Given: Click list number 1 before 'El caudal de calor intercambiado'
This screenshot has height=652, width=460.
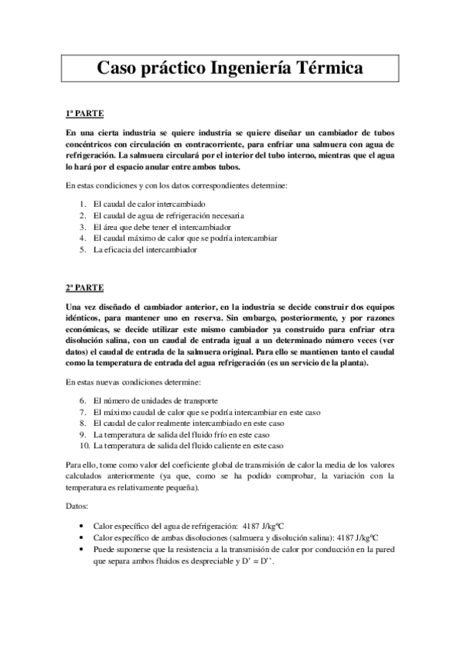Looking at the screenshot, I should click(x=83, y=205).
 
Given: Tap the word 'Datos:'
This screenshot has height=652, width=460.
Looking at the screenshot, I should click(x=77, y=507).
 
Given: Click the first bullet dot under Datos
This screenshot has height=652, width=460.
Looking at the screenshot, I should click(x=82, y=527).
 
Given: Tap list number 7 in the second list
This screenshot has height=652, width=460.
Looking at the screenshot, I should click(x=83, y=412).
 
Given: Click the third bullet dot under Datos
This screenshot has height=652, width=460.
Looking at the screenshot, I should click(x=82, y=550).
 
